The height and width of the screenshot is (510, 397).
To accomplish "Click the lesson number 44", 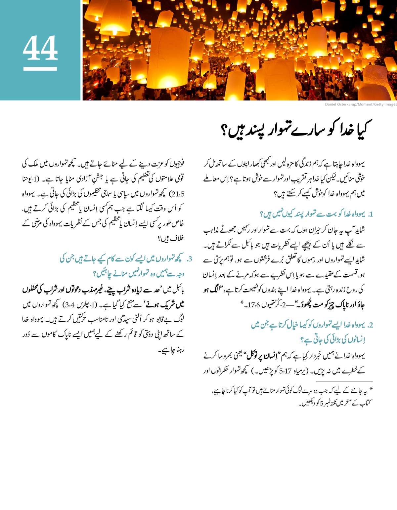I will pyautogui.click(x=40, y=48).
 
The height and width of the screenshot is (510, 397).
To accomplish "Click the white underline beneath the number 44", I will pyautogui.click(x=40, y=69).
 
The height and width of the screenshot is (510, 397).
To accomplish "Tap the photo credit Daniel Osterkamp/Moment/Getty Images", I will pyautogui.click(x=361, y=104).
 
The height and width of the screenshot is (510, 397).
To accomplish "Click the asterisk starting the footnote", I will pyautogui.click(x=371, y=389).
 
